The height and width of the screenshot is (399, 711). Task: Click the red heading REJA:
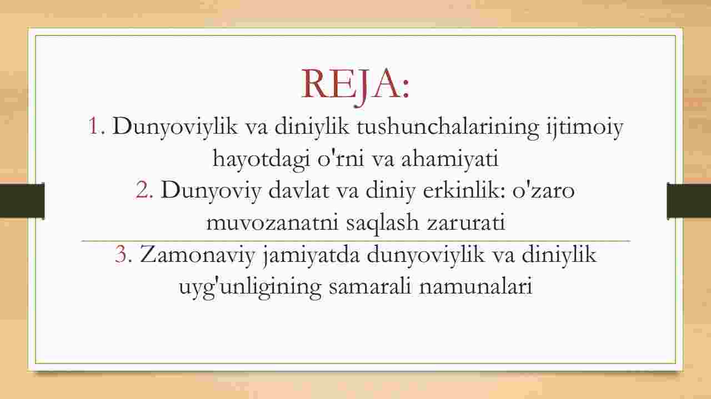[x=355, y=85]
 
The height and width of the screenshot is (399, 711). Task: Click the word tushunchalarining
[x=448, y=128]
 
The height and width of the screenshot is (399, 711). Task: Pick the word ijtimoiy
[x=585, y=128]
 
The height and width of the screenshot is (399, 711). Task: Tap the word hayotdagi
[x=261, y=159]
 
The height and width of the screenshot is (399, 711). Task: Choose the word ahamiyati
[x=450, y=158]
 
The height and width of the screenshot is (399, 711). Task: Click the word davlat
[x=299, y=190]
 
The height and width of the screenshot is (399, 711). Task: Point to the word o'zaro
[x=543, y=190]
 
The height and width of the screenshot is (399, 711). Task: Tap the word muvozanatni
[x=272, y=223]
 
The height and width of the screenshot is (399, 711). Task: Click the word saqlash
[x=383, y=223]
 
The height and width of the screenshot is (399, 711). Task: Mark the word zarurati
[x=466, y=223]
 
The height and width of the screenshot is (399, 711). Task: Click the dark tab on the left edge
[x=22, y=200]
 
